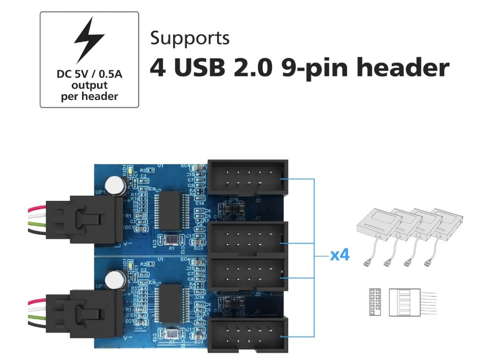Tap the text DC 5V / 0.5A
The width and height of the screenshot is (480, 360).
pyautogui.click(x=89, y=75)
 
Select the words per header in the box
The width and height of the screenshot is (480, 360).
pyautogui.click(x=89, y=97)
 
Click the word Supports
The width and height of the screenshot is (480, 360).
pyautogui.click(x=190, y=38)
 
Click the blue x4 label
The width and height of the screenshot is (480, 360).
pyautogui.click(x=340, y=255)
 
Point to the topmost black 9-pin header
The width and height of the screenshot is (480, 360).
pyautogui.click(x=247, y=178)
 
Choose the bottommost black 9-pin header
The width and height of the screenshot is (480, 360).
pyautogui.click(x=247, y=334)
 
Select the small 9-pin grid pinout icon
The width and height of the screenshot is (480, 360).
pyautogui.click(x=375, y=302)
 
